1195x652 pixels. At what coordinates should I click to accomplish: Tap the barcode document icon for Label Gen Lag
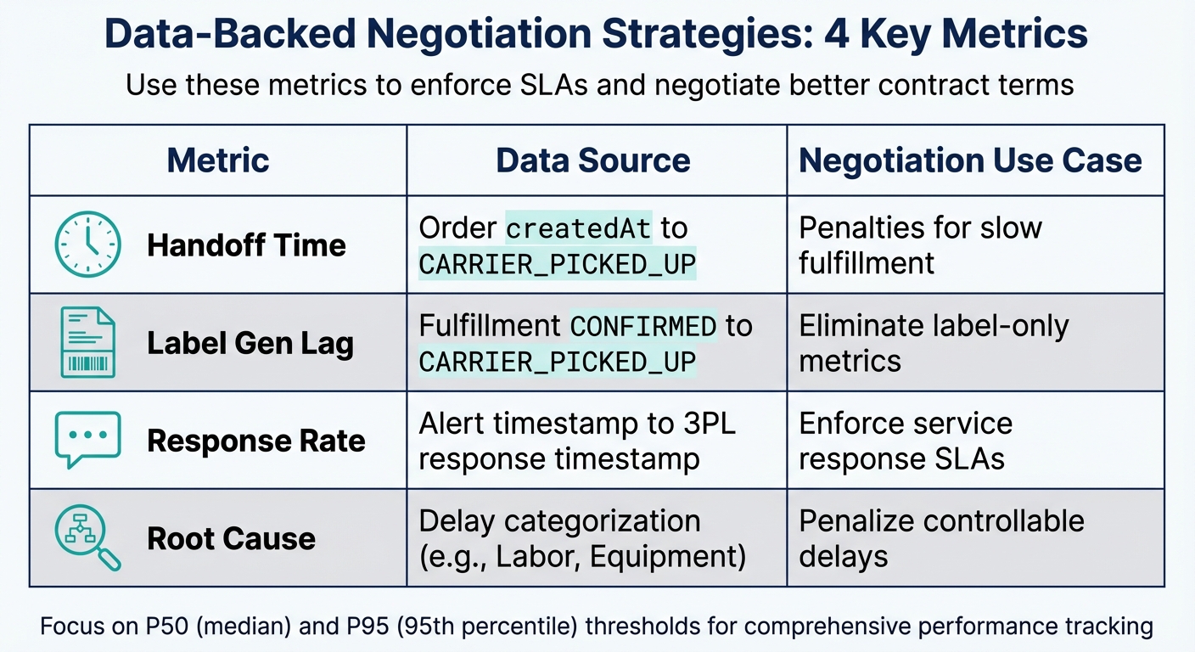pyautogui.click(x=87, y=342)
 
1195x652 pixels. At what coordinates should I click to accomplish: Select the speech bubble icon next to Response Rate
pyautogui.click(x=87, y=440)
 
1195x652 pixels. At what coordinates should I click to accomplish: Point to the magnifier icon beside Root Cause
pyautogui.click(x=87, y=537)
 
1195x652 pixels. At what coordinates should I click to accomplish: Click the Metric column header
pyautogui.click(x=218, y=160)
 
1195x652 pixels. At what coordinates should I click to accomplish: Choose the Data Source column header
pyautogui.click(x=593, y=160)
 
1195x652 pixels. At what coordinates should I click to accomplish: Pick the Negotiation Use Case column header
pyautogui.click(x=970, y=160)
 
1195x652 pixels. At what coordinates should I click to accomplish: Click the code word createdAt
pyautogui.click(x=579, y=228)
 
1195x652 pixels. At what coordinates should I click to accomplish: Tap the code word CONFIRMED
pyautogui.click(x=643, y=326)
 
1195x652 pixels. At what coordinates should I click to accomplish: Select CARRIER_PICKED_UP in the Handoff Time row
pyautogui.click(x=558, y=264)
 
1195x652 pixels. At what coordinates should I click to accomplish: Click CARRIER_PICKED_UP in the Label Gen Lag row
pyautogui.click(x=558, y=362)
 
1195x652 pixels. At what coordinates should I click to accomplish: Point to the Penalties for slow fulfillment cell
pyautogui.click(x=920, y=245)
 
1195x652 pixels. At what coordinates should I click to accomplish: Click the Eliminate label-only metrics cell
pyautogui.click(x=934, y=343)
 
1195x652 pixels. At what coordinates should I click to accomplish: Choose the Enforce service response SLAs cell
pyautogui.click(x=906, y=441)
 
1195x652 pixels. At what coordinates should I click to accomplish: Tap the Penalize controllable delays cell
pyautogui.click(x=941, y=538)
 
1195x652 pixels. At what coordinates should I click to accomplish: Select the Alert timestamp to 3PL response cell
pyautogui.click(x=577, y=441)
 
